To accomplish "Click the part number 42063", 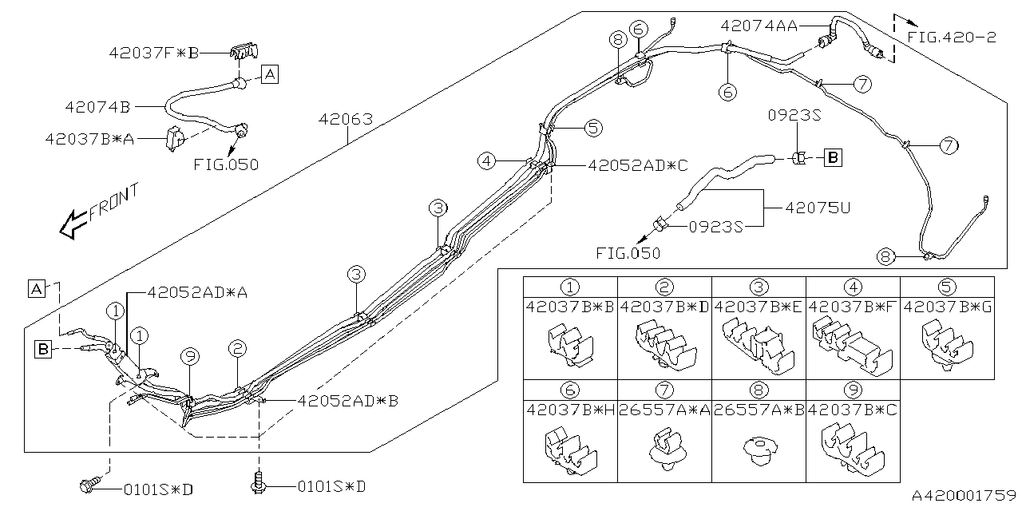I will [346, 121].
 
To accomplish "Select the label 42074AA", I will [759, 26].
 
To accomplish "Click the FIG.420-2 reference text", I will [951, 38].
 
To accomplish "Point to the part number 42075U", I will [818, 208].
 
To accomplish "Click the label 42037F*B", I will [153, 53].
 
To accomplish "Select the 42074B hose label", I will [98, 105].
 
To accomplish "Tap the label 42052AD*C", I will [637, 165].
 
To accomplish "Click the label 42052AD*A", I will [197, 293].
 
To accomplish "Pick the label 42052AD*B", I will [347, 401].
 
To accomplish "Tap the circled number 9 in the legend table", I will [852, 390].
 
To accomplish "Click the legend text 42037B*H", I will [570, 410].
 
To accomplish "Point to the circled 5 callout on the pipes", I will [592, 127].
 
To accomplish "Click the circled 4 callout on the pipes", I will [486, 161].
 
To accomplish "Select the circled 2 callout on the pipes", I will [236, 348].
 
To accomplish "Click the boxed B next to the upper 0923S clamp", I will [832, 158].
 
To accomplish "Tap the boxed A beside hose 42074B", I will [270, 75].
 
